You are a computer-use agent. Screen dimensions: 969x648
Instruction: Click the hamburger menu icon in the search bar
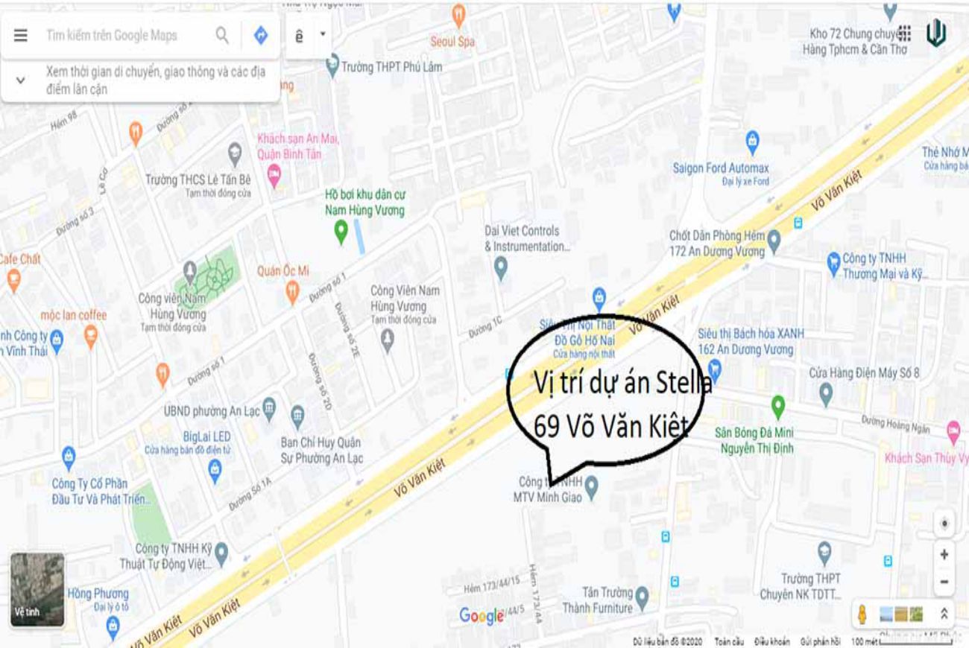pyautogui.click(x=21, y=36)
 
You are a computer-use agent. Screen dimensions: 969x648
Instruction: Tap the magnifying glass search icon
pyautogui.click(x=222, y=35)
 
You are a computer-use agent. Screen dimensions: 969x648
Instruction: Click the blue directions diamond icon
pyautogui.click(x=261, y=35)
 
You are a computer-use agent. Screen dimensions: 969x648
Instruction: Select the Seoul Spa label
pyautogui.click(x=452, y=42)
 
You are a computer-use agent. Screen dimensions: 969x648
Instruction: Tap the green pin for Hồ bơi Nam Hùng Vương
pyautogui.click(x=341, y=232)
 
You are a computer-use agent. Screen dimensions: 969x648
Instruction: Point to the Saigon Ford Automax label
pyautogui.click(x=721, y=168)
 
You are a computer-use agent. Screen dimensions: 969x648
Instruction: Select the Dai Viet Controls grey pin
pyautogui.click(x=500, y=266)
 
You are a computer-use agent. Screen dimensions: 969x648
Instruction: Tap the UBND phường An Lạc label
pyautogui.click(x=212, y=411)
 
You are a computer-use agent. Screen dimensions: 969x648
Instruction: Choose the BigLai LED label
pyautogui.click(x=206, y=436)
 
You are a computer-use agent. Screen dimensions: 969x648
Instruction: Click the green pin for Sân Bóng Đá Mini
pyautogui.click(x=778, y=406)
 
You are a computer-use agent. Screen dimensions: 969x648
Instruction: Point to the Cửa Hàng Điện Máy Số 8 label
pyautogui.click(x=865, y=372)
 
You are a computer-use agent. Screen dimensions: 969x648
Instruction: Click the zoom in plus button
pyautogui.click(x=944, y=554)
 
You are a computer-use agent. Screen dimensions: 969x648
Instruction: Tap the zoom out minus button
pyautogui.click(x=944, y=582)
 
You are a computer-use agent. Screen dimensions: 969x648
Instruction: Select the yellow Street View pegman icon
pyautogui.click(x=862, y=614)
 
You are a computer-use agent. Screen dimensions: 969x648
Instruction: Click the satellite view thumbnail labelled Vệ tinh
pyautogui.click(x=37, y=589)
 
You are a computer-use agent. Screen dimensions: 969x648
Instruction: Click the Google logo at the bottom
pyautogui.click(x=482, y=615)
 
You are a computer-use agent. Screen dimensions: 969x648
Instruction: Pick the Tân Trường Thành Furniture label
pyautogui.click(x=597, y=600)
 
